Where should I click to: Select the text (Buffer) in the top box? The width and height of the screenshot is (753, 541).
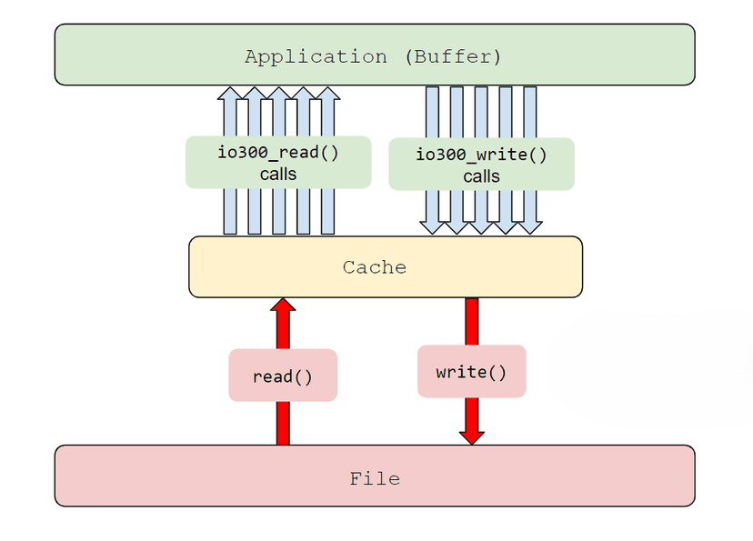(x=452, y=56)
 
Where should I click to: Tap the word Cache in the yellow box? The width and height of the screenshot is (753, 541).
(x=374, y=267)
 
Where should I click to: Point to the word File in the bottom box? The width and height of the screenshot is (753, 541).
(x=374, y=478)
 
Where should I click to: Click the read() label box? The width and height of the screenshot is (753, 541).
(x=283, y=376)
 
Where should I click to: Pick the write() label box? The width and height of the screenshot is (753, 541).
(x=471, y=372)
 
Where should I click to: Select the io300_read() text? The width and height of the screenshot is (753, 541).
(x=277, y=152)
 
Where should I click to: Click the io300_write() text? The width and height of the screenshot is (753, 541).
(x=481, y=154)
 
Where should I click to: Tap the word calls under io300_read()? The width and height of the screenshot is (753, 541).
(x=277, y=174)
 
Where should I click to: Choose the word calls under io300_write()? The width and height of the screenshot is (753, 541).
(x=481, y=176)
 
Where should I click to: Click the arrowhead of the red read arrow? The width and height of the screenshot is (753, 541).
(x=283, y=306)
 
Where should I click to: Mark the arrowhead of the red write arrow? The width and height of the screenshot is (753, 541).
(x=471, y=436)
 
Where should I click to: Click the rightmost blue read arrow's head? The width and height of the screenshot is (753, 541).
(x=329, y=94)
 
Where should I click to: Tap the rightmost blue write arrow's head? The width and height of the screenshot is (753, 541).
(x=530, y=227)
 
